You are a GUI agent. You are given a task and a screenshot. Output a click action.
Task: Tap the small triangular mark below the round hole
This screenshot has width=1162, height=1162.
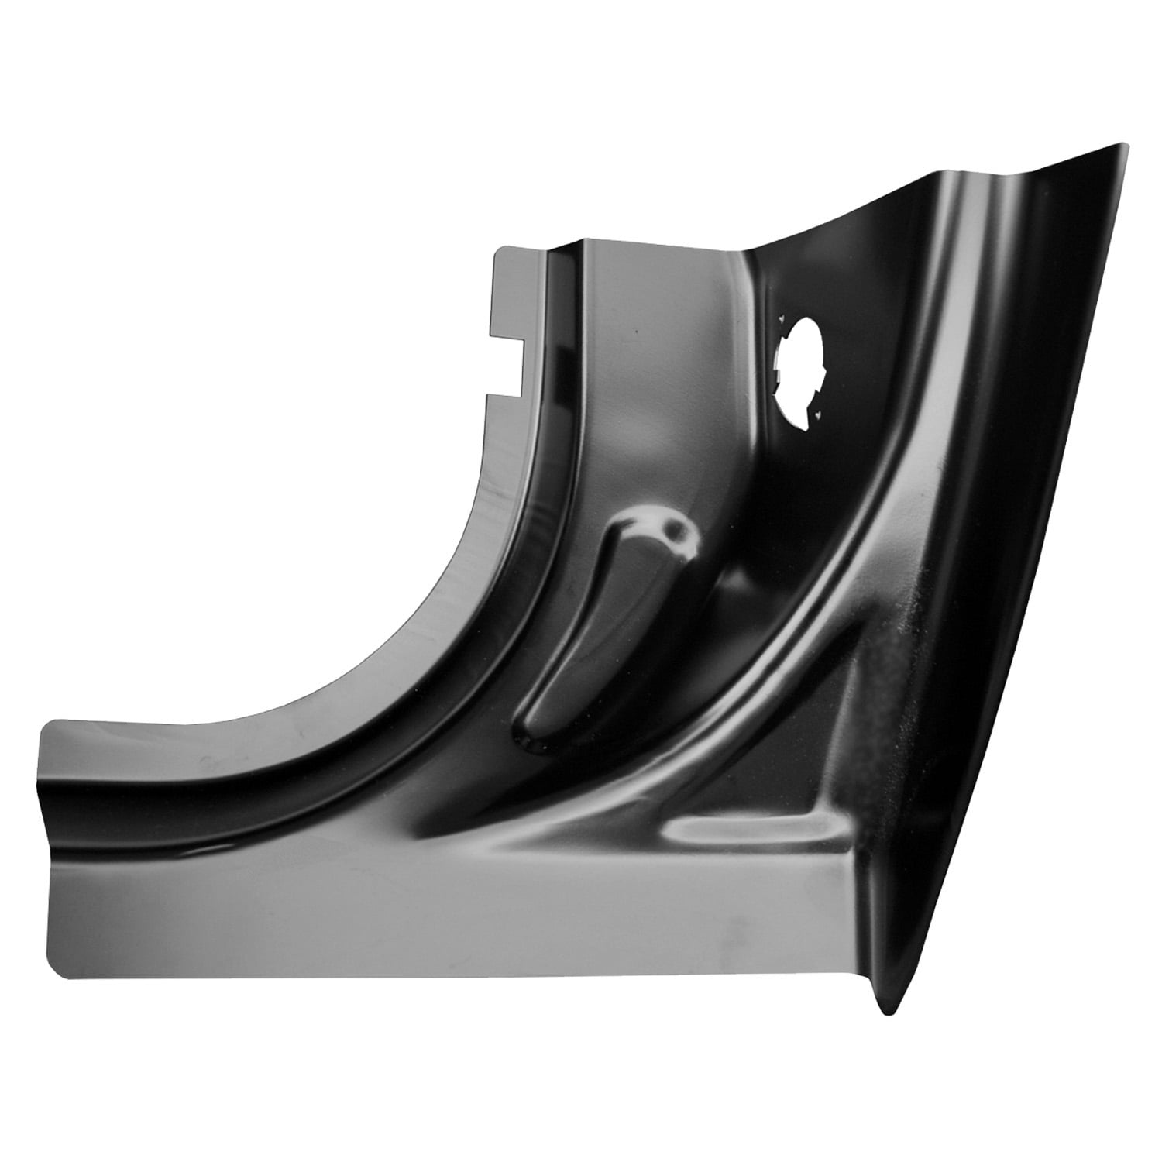coord(816,417)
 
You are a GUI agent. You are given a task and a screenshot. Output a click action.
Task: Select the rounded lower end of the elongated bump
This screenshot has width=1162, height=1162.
coord(535,740)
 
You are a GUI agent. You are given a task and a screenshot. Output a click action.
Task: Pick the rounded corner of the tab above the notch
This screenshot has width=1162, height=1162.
coord(500,252)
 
